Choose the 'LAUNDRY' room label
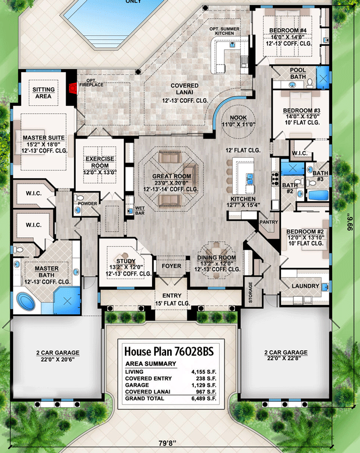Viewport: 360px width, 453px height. tap(305, 286)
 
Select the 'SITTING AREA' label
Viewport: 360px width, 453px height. tap(43, 93)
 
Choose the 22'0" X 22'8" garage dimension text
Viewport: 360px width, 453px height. tap(287, 359)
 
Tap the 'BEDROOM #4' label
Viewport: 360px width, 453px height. tap(289, 30)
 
